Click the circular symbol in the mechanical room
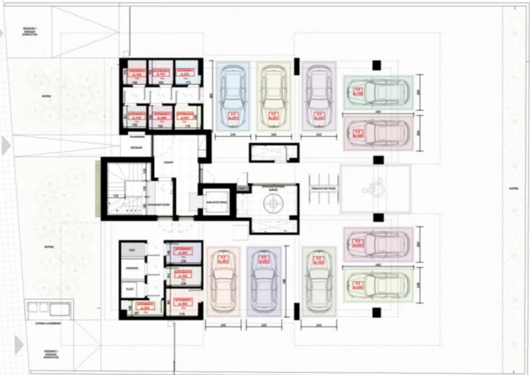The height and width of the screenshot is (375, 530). click(272, 205)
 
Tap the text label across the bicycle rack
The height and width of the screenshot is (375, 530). click(323, 189)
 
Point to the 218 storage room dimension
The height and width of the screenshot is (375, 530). click(183, 314)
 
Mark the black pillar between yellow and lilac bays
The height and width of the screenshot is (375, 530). click(297, 66)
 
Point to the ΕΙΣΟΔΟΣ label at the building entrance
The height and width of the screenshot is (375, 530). click(136, 147)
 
